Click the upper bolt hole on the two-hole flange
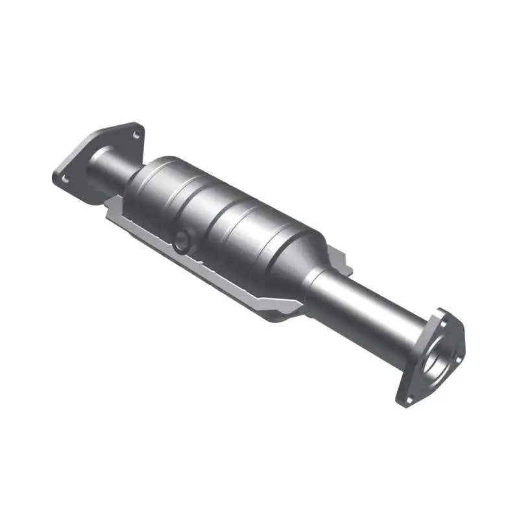tap(136, 134)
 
